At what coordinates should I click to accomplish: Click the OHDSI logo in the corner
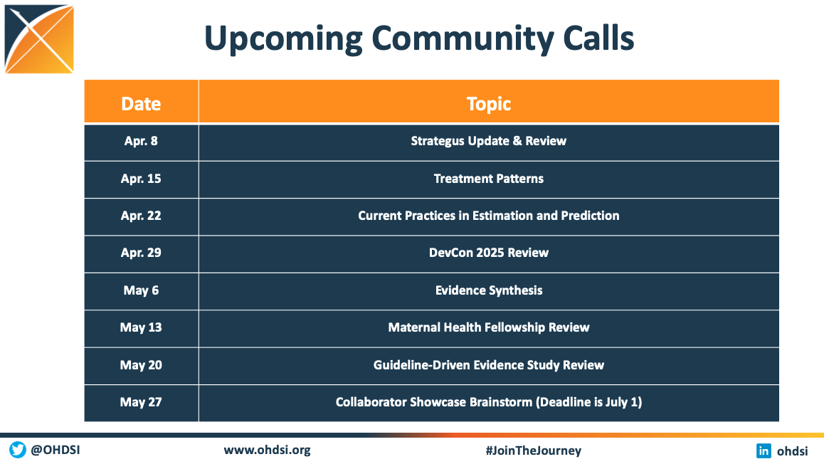(x=39, y=39)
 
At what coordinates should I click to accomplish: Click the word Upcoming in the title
(x=282, y=39)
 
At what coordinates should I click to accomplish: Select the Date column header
(x=141, y=103)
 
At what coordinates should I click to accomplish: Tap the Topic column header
(x=489, y=104)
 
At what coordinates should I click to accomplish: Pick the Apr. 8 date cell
(x=141, y=141)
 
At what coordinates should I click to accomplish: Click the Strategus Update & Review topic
(x=489, y=141)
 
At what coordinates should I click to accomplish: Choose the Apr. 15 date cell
(x=141, y=179)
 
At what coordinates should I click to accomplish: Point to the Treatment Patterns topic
(x=489, y=179)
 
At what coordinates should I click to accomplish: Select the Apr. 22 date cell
(x=141, y=216)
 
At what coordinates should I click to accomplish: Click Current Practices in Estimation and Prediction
(x=489, y=216)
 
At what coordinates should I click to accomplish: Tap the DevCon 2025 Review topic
(x=489, y=253)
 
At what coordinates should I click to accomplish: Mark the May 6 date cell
(x=141, y=290)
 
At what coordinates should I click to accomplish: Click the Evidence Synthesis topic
(x=489, y=290)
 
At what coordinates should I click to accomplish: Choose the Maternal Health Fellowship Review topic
(x=489, y=327)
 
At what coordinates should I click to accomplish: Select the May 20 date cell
(x=141, y=365)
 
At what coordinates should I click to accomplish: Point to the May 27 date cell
(x=141, y=403)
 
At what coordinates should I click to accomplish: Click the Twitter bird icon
(x=17, y=450)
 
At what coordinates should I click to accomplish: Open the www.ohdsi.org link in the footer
(x=267, y=450)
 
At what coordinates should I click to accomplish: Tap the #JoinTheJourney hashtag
(x=534, y=450)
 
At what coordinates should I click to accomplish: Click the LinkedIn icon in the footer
(x=764, y=451)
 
